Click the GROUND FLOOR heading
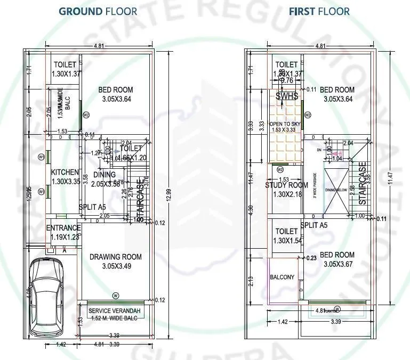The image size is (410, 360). click(98, 11)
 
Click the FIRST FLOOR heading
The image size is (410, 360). click(319, 11)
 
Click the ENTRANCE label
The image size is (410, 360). click(63, 228)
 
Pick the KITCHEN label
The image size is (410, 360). click(65, 173)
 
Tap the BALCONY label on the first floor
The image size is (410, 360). click(282, 277)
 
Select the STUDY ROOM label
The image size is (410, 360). click(287, 185)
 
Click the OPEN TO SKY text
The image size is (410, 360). click(285, 124)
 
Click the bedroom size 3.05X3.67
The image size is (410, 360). click(336, 264)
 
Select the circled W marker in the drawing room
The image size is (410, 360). click(115, 295)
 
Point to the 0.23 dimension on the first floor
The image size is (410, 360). click(312, 258)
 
